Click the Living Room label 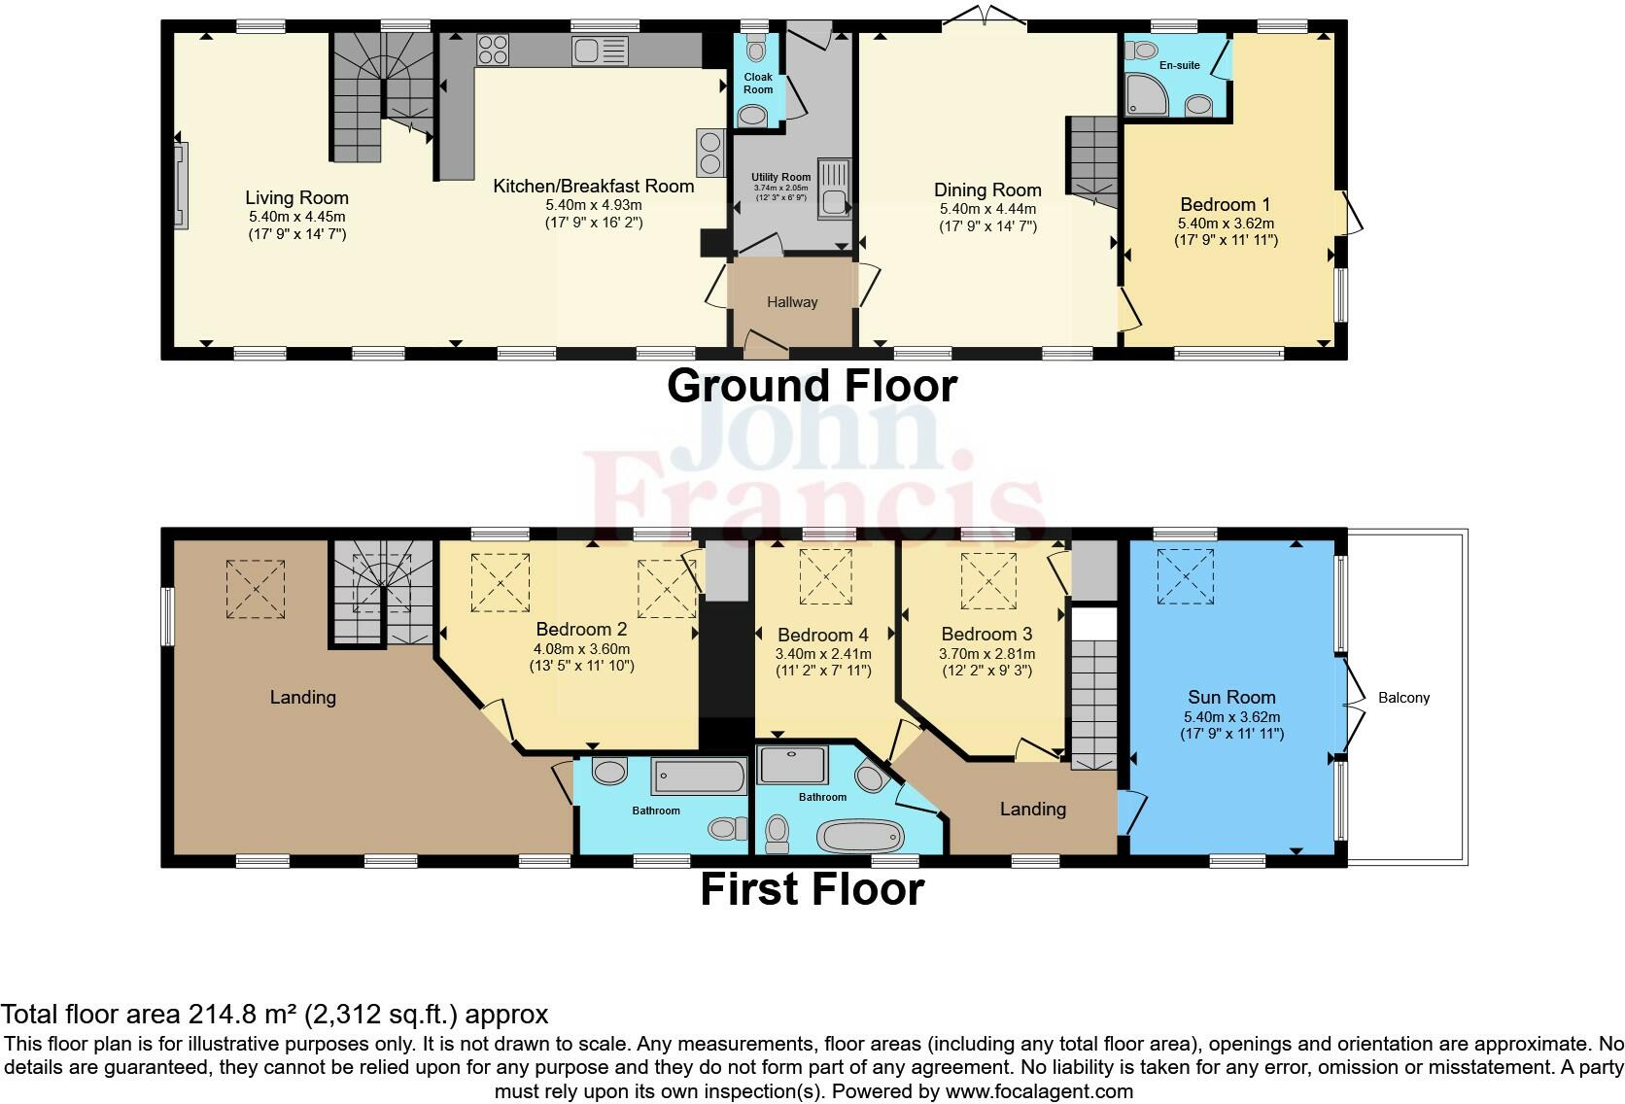click(x=296, y=198)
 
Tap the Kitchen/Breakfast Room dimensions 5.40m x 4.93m click(x=593, y=205)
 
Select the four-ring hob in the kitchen click(x=493, y=50)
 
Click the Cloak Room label click(x=758, y=83)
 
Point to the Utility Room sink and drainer click(x=833, y=189)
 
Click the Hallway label click(x=792, y=302)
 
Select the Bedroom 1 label click(x=1225, y=205)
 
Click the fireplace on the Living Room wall click(x=181, y=186)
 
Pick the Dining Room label click(x=987, y=190)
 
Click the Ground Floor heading click(x=812, y=386)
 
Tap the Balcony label click(x=1403, y=698)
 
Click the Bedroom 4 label click(x=823, y=636)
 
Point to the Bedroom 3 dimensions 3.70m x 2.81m click(x=985, y=654)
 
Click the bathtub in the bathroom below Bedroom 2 click(x=700, y=776)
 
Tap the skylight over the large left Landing click(x=256, y=588)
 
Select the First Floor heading click(x=812, y=889)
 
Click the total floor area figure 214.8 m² click(x=244, y=1015)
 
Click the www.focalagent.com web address click(x=1038, y=1091)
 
